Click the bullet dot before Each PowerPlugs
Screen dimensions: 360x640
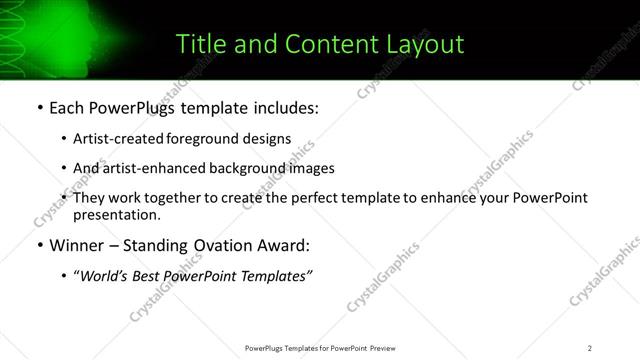tap(39, 107)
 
